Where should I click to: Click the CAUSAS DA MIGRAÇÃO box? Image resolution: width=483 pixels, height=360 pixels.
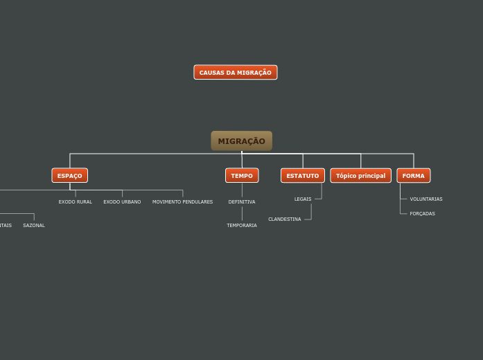pyautogui.click(x=236, y=73)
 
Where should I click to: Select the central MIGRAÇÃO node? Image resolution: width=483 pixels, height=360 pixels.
pyautogui.click(x=241, y=141)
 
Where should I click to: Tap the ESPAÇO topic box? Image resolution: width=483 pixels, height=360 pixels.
pyautogui.click(x=69, y=176)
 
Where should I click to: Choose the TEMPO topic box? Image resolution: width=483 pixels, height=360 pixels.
pyautogui.click(x=242, y=176)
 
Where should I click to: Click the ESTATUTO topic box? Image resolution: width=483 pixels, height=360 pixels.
pyautogui.click(x=303, y=176)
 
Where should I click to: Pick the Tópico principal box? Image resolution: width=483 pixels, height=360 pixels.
pyautogui.click(x=360, y=176)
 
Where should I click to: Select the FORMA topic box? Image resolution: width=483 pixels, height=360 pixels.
pyautogui.click(x=414, y=176)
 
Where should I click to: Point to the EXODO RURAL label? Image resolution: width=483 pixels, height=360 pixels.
pyautogui.click(x=76, y=202)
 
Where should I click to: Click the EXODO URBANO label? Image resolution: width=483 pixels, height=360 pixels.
pyautogui.click(x=122, y=202)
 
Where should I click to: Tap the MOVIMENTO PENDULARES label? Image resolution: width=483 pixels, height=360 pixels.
pyautogui.click(x=182, y=202)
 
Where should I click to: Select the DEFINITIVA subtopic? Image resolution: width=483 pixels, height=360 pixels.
pyautogui.click(x=242, y=202)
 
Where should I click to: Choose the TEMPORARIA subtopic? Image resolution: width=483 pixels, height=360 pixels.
pyautogui.click(x=242, y=226)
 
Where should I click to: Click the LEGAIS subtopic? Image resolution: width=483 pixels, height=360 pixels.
pyautogui.click(x=303, y=199)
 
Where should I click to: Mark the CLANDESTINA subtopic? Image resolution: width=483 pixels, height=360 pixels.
pyautogui.click(x=285, y=219)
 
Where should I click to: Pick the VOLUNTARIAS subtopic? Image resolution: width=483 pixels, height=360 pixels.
pyautogui.click(x=426, y=199)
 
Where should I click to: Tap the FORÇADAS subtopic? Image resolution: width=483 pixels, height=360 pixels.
pyautogui.click(x=423, y=214)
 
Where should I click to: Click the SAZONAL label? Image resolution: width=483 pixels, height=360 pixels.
pyautogui.click(x=34, y=226)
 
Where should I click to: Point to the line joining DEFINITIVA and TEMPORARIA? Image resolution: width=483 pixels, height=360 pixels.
pyautogui.click(x=242, y=214)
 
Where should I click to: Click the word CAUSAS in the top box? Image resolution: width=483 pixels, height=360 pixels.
pyautogui.click(x=210, y=73)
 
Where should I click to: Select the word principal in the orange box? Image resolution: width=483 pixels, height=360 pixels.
pyautogui.click(x=371, y=176)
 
